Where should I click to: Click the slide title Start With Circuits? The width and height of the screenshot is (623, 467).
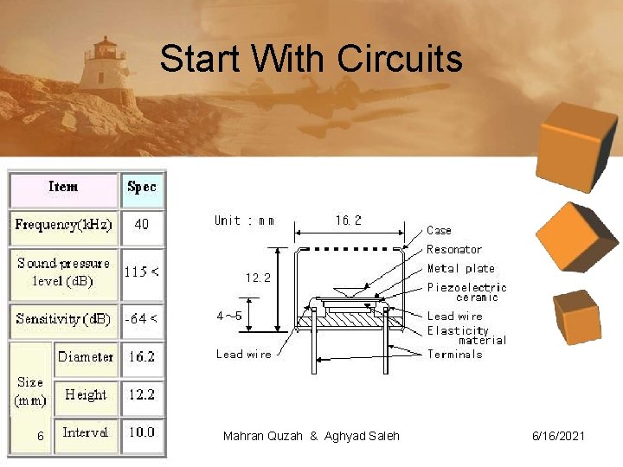[311, 60]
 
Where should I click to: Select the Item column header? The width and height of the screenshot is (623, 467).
[63, 188]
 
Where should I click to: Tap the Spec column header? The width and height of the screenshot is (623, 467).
[142, 188]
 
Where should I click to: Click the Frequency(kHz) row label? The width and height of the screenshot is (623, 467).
[63, 225]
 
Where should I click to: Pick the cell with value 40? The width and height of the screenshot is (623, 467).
[142, 224]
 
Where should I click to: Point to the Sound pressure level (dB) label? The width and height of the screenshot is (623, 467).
[63, 272]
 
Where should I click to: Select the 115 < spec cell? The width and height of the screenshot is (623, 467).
[142, 272]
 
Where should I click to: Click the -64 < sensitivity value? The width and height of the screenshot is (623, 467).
[142, 319]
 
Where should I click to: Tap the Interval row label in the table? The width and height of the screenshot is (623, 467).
[86, 432]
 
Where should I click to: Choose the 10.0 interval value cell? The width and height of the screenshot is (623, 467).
[142, 432]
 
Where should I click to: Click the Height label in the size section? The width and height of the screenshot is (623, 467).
[86, 394]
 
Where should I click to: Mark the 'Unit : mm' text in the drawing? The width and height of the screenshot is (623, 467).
[245, 221]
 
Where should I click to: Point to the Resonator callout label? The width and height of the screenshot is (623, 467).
[454, 249]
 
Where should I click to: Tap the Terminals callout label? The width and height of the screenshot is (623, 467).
[454, 354]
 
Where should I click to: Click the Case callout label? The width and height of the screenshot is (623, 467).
[439, 230]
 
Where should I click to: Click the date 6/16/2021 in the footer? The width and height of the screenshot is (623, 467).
[558, 436]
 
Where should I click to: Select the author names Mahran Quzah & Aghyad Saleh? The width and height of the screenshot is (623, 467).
[311, 436]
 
